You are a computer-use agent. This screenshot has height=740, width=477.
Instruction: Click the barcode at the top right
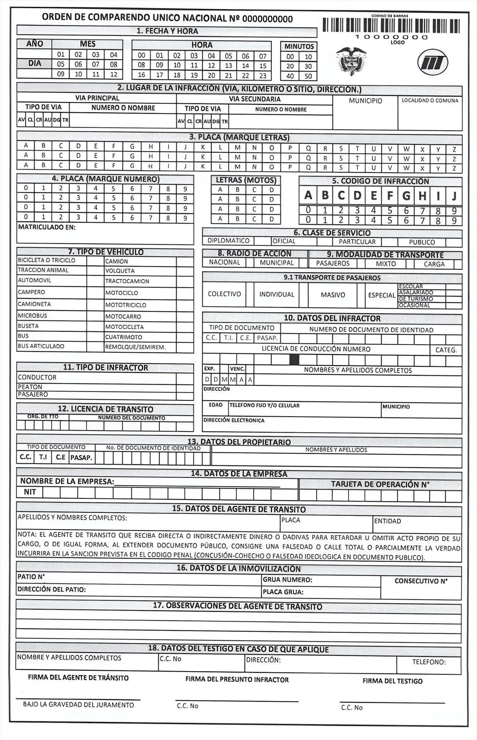pyautogui.click(x=391, y=26)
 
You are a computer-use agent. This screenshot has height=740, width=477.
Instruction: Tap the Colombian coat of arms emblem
pyautogui.click(x=351, y=61)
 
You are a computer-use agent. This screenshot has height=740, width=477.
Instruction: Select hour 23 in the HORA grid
pyautogui.click(x=263, y=76)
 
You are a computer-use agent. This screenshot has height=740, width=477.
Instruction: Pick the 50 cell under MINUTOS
pyautogui.click(x=308, y=76)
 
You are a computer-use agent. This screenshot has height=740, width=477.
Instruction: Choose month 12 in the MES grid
pyautogui.click(x=114, y=74)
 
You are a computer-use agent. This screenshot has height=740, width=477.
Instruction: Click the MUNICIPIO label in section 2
pyautogui.click(x=365, y=101)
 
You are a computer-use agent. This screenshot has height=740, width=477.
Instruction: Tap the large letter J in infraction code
pyautogui.click(x=454, y=195)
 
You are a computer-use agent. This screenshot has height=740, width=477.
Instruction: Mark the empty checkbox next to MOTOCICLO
pyautogui.click(x=185, y=293)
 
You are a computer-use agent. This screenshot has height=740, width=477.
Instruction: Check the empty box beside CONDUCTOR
pyautogui.click(x=185, y=378)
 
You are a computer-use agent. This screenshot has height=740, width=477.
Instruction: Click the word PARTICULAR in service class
pyautogui.click(x=357, y=242)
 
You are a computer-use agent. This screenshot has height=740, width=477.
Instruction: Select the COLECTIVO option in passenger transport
pyautogui.click(x=224, y=294)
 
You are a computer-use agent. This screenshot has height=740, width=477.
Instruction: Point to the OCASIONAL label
pyautogui.click(x=414, y=305)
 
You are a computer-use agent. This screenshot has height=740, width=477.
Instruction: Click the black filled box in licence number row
pyautogui.click(x=294, y=360)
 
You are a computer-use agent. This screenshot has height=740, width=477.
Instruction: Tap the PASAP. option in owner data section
pyautogui.click(x=81, y=457)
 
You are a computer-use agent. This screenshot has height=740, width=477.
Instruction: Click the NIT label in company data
pyautogui.click(x=30, y=492)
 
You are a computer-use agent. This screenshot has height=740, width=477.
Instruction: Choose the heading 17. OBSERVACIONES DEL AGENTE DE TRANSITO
pyautogui.click(x=238, y=606)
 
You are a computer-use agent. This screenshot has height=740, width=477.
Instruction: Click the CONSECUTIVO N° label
pyautogui.click(x=421, y=581)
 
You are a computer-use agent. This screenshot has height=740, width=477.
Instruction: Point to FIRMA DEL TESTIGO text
pyautogui.click(x=392, y=681)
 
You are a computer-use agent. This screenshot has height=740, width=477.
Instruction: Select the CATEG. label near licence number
pyautogui.click(x=446, y=350)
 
